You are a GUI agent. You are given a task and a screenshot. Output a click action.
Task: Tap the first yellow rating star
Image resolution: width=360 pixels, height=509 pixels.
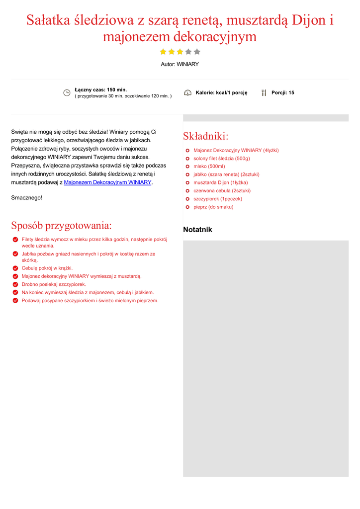pyautogui.click(x=163, y=52)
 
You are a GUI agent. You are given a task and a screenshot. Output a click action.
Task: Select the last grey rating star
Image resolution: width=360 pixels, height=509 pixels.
pyautogui.click(x=197, y=52)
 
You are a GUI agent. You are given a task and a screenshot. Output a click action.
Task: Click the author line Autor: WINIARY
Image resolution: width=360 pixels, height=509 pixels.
pyautogui.click(x=180, y=65)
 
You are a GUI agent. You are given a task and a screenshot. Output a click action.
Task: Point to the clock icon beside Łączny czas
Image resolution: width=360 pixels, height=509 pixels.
pyautogui.click(x=67, y=93)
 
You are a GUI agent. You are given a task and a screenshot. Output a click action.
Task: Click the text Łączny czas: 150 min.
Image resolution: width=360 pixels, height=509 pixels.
pyautogui.click(x=101, y=90)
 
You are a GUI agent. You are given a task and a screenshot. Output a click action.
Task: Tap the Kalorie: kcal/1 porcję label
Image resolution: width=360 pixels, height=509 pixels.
pyautogui.click(x=221, y=93)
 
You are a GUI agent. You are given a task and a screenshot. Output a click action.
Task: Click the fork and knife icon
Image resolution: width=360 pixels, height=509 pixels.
pyautogui.click(x=264, y=93)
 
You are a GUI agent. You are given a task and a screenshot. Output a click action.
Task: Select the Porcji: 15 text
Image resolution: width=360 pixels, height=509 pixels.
pyautogui.click(x=282, y=93)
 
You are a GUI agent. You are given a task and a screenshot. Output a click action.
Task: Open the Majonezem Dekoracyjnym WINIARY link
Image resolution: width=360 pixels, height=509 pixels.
pyautogui.click(x=107, y=182)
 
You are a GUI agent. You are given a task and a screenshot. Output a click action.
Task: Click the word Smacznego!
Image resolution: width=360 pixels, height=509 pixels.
pyautogui.click(x=27, y=198)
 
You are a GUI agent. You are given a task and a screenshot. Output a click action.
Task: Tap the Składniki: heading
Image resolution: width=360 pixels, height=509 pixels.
pyautogui.click(x=205, y=136)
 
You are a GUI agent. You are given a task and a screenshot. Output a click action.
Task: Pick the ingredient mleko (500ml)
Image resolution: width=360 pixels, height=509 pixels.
pyautogui.click(x=209, y=167)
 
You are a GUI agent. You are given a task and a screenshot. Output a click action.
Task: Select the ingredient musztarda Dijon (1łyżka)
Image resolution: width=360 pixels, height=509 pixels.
pyautogui.click(x=220, y=182)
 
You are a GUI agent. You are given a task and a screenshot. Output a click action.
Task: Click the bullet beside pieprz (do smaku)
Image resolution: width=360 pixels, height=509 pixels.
pyautogui.click(x=187, y=207)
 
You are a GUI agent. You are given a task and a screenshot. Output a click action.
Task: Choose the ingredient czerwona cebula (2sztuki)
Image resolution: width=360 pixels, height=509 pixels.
pyautogui.click(x=222, y=191)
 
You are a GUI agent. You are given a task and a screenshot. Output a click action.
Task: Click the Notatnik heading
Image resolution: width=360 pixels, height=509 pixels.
pyautogui.click(x=197, y=230)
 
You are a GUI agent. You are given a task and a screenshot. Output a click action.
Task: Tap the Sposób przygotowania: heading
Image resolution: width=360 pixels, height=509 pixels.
pyautogui.click(x=61, y=226)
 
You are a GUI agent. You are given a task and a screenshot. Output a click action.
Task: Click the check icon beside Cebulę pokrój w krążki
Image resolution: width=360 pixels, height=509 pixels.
pyautogui.click(x=15, y=268)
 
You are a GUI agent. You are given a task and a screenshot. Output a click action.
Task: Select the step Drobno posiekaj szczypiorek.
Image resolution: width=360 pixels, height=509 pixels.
pyautogui.click(x=54, y=284)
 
